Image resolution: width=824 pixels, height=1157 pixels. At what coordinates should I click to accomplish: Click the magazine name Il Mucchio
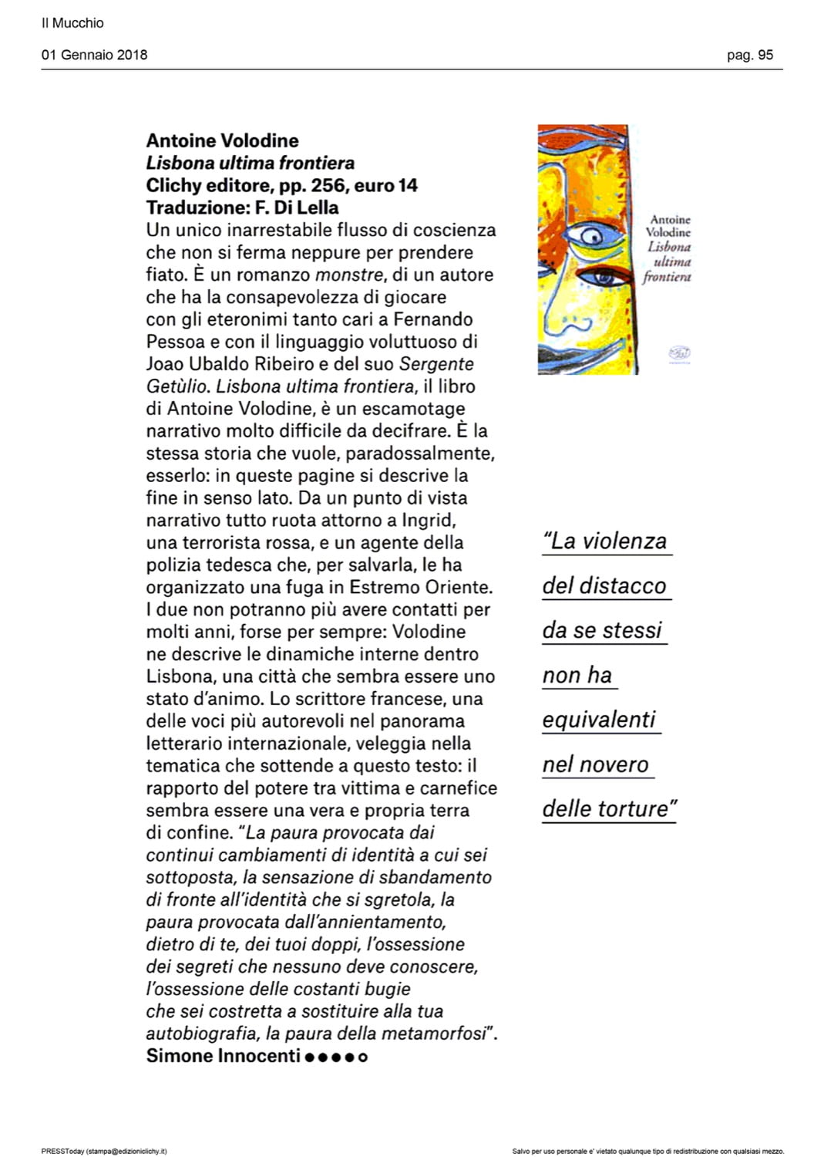click(x=72, y=23)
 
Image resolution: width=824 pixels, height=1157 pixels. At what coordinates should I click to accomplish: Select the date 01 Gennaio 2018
click(x=94, y=55)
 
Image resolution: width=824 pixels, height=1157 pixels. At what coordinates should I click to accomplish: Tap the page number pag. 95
click(x=749, y=55)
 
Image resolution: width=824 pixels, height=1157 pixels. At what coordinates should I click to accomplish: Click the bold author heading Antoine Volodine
click(x=222, y=140)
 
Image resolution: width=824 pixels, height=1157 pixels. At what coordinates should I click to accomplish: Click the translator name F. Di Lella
click(x=297, y=207)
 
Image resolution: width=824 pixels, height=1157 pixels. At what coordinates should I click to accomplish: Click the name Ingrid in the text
click(x=434, y=521)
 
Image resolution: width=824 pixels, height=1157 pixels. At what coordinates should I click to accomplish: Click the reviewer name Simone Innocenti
click(x=223, y=1056)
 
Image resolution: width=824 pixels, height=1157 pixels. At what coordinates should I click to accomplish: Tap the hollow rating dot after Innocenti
click(x=363, y=1057)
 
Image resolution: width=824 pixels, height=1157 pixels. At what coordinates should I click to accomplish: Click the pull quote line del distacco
click(x=604, y=586)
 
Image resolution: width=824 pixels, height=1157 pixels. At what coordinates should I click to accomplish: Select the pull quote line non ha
click(x=577, y=676)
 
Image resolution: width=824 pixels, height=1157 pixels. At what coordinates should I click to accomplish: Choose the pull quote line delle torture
click(x=609, y=809)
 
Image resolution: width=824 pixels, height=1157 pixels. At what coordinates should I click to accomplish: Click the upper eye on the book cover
click(x=592, y=235)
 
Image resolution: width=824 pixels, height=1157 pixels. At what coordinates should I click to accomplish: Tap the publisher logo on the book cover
click(x=679, y=353)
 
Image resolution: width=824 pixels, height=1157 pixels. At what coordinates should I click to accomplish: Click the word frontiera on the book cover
click(x=667, y=277)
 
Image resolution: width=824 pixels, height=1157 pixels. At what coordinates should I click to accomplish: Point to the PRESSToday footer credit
click(x=103, y=1151)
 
